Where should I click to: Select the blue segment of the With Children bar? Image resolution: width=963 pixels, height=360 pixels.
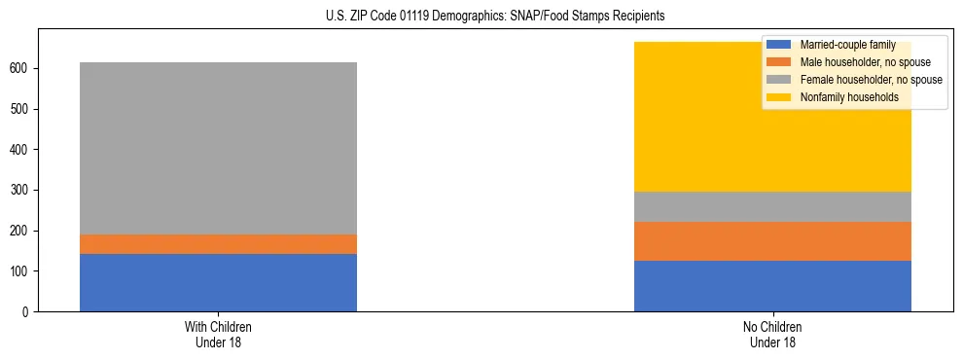218,282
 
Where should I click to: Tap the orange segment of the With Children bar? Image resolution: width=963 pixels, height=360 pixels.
218,244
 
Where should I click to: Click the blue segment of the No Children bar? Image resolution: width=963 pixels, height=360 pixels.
772,286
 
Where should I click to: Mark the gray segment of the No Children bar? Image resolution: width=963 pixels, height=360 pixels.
772,206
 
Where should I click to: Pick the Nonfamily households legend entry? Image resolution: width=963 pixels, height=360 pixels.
843,97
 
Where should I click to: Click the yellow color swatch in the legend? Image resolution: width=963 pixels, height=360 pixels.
779,97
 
